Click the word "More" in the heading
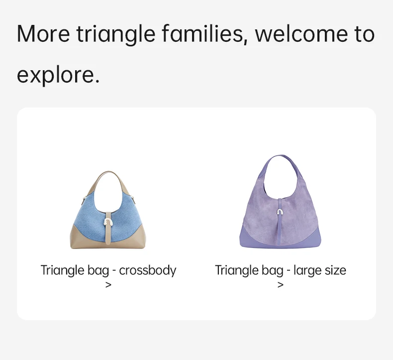[x=43, y=34]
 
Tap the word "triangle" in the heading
[x=116, y=35]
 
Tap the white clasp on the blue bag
[x=108, y=222]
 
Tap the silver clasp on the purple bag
[x=280, y=212]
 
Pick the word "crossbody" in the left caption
[x=148, y=271]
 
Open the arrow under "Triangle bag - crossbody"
[x=108, y=285]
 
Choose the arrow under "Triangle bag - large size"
[x=281, y=285]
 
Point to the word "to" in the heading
[x=365, y=34]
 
